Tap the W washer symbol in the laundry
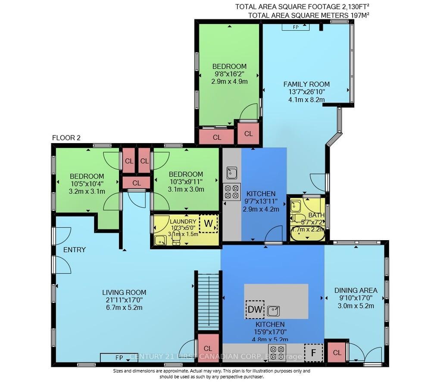[x=209, y=224]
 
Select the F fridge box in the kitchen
[x=313, y=352]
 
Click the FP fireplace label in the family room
[x=296, y=27]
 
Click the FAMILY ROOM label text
[x=306, y=84]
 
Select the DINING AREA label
[x=356, y=290]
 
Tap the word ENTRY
[x=74, y=250]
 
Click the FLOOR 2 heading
[x=66, y=138]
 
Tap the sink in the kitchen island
[x=273, y=310]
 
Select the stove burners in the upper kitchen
[x=231, y=191]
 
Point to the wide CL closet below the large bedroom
[x=217, y=137]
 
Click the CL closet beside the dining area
[x=337, y=353]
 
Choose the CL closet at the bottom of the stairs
[x=208, y=348]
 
